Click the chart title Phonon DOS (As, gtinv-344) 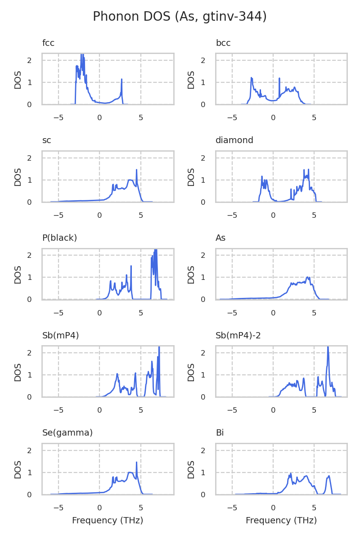[x=180, y=17]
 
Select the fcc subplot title [x=48, y=43]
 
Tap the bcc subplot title [x=223, y=43]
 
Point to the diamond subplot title [x=234, y=140]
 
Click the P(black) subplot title [x=59, y=238]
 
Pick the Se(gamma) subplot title [x=67, y=433]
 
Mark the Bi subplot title [x=220, y=433]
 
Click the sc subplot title [x=46, y=140]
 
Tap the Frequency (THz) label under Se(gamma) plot [x=108, y=521]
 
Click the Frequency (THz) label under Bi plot [x=281, y=521]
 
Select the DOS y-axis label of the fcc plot [x=18, y=79]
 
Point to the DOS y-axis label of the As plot [x=191, y=274]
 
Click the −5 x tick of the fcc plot [x=58, y=118]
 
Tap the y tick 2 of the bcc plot [x=203, y=60]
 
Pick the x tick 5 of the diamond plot [x=314, y=216]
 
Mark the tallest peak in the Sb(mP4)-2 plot [x=328, y=348]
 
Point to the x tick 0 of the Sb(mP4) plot [x=99, y=410]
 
